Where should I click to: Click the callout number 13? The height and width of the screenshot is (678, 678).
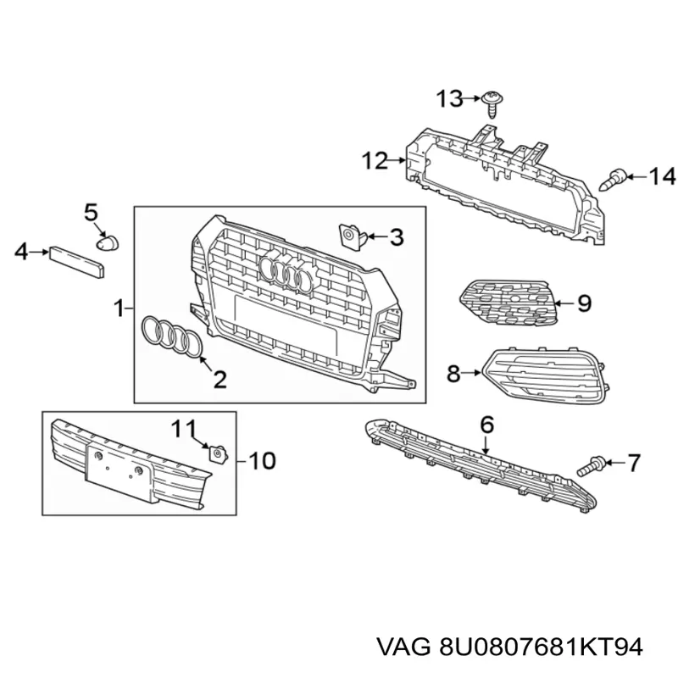[x=449, y=98]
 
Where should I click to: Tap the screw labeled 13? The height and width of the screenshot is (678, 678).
[x=492, y=103]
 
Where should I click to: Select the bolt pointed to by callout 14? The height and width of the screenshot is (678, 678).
[x=613, y=180]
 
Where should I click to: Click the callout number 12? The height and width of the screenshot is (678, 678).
[x=375, y=161]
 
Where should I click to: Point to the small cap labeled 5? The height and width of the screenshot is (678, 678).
[x=107, y=243]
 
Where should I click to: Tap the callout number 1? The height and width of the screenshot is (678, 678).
[x=119, y=308]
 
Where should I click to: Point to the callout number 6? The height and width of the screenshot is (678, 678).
[x=486, y=425]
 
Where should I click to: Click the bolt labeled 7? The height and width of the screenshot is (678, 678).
[x=590, y=465]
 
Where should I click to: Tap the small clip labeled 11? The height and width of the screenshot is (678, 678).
[x=218, y=453]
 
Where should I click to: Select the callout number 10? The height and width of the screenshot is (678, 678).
[x=263, y=461]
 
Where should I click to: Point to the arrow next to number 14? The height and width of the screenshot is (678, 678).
[x=636, y=176]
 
